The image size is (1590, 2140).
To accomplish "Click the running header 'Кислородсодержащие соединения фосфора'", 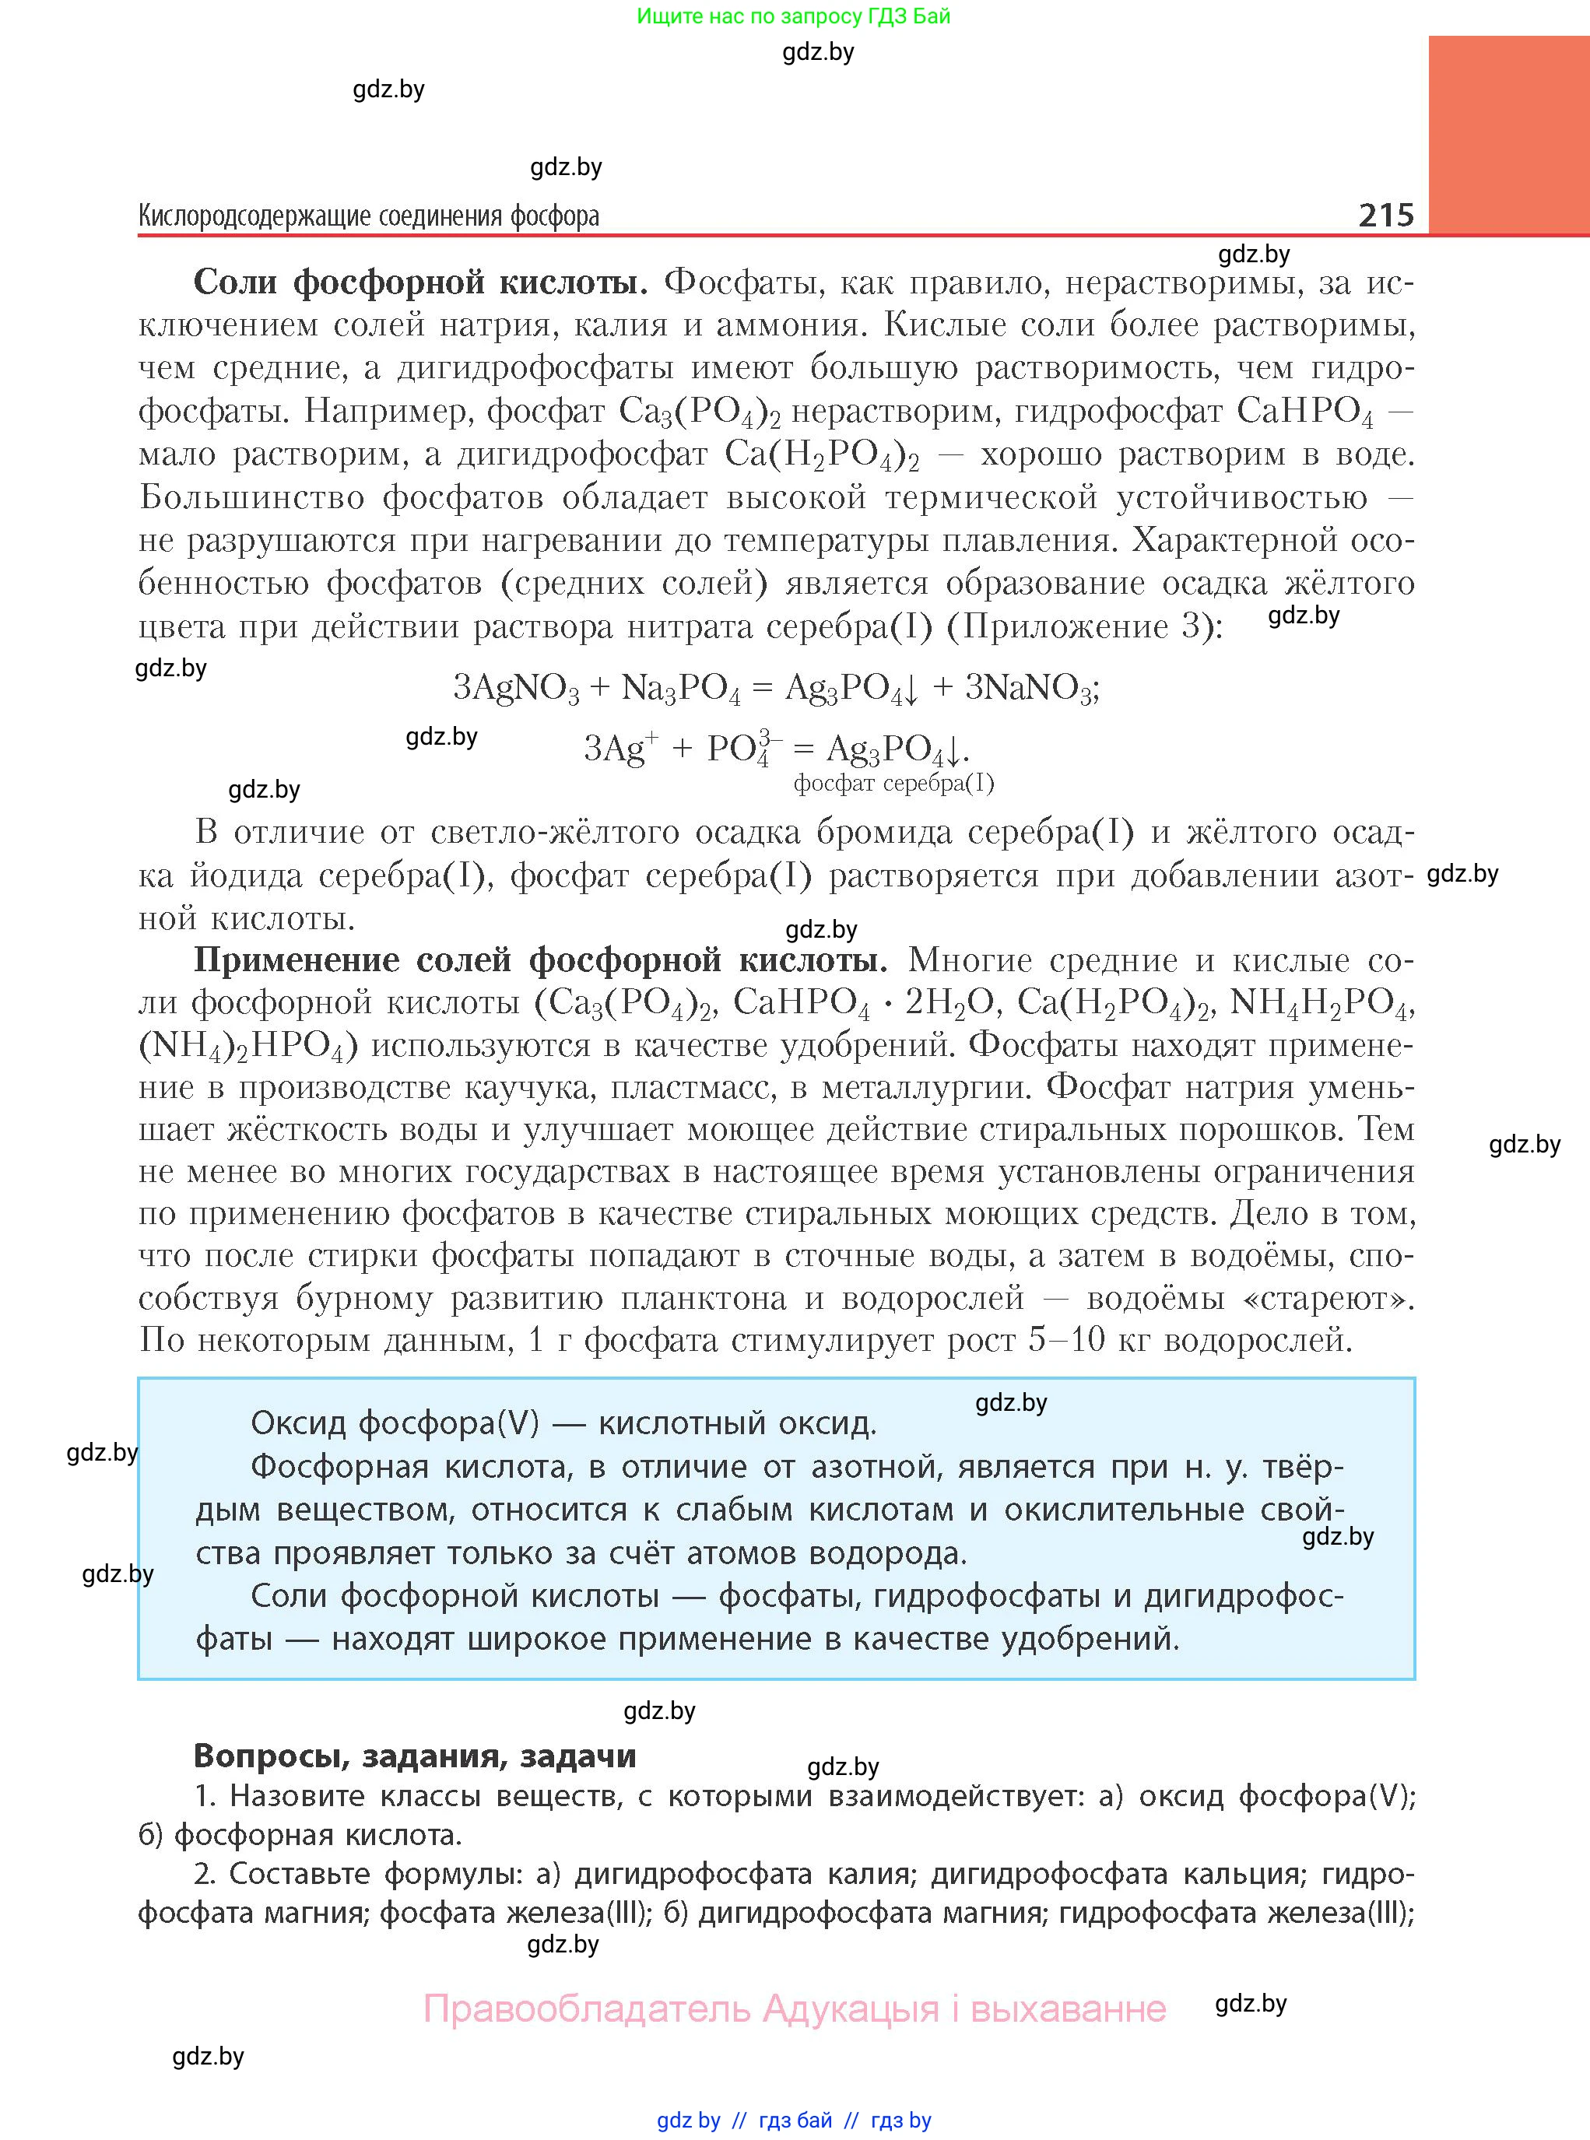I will click(369, 216).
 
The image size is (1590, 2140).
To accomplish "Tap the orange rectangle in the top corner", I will click(1508, 135).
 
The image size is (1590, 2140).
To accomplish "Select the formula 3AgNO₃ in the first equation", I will click(516, 688).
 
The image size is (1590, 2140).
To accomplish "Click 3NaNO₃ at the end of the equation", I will click(1030, 688).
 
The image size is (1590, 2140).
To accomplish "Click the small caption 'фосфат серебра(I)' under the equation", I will click(893, 784).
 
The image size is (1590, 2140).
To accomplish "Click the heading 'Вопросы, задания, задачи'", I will click(415, 1756).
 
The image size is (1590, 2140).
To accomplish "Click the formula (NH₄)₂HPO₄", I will click(248, 1046).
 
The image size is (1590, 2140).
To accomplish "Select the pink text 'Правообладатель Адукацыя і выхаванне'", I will click(795, 2009).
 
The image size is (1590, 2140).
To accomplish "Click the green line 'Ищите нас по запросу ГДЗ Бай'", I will click(794, 16).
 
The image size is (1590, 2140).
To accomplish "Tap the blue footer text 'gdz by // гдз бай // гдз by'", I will click(794, 2120).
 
